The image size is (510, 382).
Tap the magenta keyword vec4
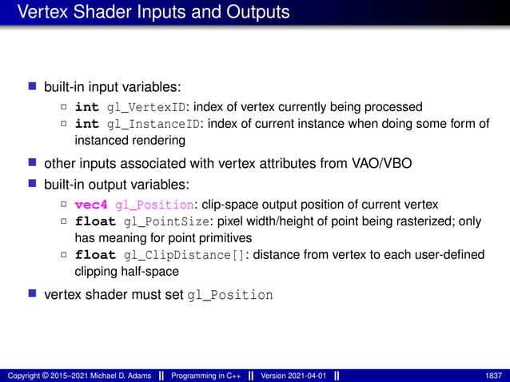click(x=91, y=205)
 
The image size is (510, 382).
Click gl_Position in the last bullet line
click(x=229, y=295)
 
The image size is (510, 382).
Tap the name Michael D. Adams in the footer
click(x=107, y=376)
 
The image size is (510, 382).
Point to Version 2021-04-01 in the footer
click(x=293, y=376)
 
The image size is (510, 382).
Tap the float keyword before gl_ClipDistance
click(x=95, y=255)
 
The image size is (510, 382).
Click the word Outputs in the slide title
click(x=250, y=13)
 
